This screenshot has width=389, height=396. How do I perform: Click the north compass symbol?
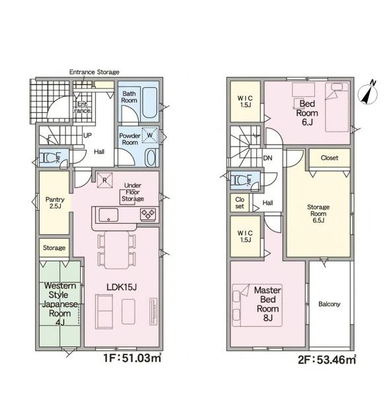pyautogui.click(x=368, y=93)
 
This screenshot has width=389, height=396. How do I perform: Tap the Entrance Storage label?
pyautogui.click(x=94, y=72)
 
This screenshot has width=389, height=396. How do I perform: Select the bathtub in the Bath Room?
pyautogui.click(x=149, y=103)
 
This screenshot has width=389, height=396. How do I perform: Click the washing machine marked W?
pyautogui.click(x=150, y=135)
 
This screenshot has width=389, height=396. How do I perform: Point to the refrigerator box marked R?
pyautogui.click(x=104, y=180)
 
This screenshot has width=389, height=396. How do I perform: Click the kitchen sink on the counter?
pyautogui.click(x=108, y=215)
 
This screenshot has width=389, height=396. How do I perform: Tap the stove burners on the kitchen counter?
pyautogui.click(x=148, y=214)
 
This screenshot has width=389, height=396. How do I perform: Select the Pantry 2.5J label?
pyautogui.click(x=55, y=203)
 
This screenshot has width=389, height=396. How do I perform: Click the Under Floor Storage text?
pyautogui.click(x=133, y=192)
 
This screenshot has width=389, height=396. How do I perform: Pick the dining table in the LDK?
pyautogui.click(x=116, y=250)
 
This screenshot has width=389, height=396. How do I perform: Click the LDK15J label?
pyautogui.click(x=122, y=287)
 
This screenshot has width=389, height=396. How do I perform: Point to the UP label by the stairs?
pyautogui.click(x=87, y=135)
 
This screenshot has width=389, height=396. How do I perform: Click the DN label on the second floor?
pyautogui.click(x=267, y=158)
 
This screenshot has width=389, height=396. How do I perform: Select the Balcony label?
pyautogui.click(x=330, y=304)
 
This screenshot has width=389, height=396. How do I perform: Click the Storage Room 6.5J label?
pyautogui.click(x=318, y=214)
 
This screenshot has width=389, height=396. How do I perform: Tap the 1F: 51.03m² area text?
pyautogui.click(x=133, y=358)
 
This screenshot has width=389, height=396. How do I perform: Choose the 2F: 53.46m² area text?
pyautogui.click(x=327, y=360)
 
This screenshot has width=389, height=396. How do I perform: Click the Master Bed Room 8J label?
pyautogui.click(x=267, y=304)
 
